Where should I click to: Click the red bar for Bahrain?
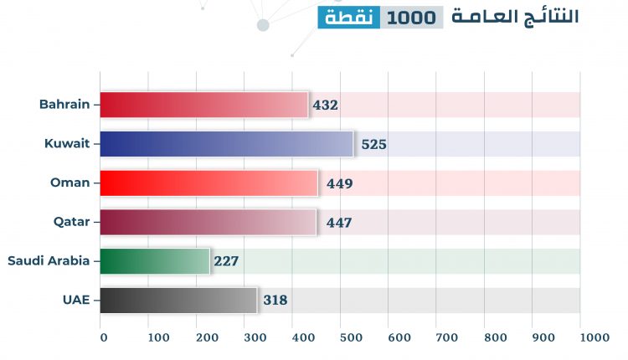204,105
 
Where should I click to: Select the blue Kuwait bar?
226,144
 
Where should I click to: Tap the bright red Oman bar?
209,183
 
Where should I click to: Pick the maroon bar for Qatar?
208,222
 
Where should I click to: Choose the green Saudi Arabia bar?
154,261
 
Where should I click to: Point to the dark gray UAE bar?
178,300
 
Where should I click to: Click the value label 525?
373,145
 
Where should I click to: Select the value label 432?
325,105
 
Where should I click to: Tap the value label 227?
226,261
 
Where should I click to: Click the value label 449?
340,184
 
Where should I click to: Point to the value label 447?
338,223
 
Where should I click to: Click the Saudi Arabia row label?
49,260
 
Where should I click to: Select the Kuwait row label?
67,144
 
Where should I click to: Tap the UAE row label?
77,300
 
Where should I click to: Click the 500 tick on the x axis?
351,337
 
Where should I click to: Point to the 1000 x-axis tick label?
595,337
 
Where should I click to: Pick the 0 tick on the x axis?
104,337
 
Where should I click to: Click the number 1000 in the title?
412,17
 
